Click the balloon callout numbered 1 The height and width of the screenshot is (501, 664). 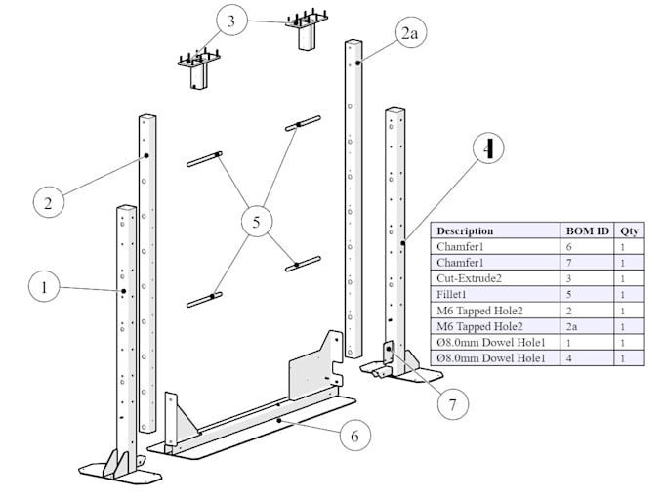pyautogui.click(x=42, y=288)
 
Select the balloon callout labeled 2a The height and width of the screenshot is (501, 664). pyautogui.click(x=409, y=33)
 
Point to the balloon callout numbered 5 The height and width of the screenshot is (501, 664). pyautogui.click(x=256, y=223)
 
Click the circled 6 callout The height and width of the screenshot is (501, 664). pyautogui.click(x=354, y=436)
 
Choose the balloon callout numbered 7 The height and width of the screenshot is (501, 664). pyautogui.click(x=452, y=401)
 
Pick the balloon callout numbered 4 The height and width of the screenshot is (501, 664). pyautogui.click(x=488, y=148)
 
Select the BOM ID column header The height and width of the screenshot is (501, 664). pyautogui.click(x=588, y=230)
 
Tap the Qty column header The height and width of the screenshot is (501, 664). pyautogui.click(x=629, y=230)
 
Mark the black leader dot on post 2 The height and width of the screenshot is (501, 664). pyautogui.click(x=145, y=155)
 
